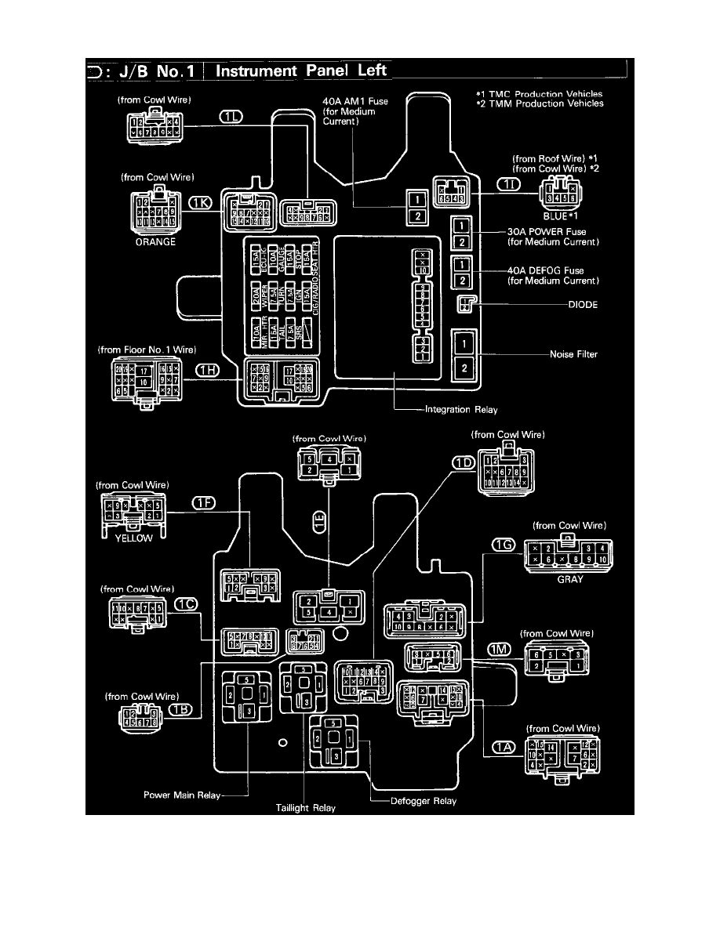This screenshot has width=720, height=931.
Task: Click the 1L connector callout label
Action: [231, 117]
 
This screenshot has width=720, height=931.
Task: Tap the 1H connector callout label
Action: [207, 371]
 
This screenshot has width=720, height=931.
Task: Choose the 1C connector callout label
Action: [186, 604]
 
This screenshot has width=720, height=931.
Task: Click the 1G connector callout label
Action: [504, 544]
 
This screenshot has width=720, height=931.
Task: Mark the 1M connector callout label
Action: [500, 649]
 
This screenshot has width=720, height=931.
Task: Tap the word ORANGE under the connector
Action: [157, 242]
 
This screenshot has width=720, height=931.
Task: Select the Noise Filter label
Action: [573, 354]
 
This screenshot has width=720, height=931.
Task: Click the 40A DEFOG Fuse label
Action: [553, 276]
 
